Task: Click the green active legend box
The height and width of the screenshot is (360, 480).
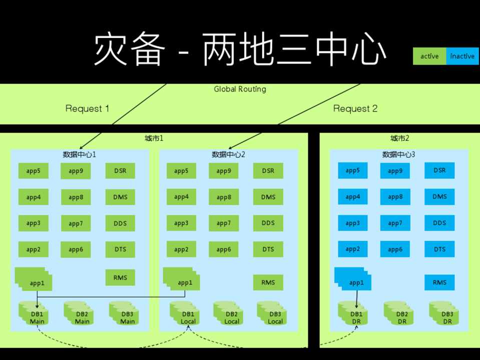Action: click(429, 56)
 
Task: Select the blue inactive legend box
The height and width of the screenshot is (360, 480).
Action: click(462, 56)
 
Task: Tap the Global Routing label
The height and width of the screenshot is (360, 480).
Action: click(240, 89)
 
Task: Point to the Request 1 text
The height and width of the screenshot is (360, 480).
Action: click(87, 108)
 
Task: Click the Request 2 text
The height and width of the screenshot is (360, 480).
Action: click(355, 108)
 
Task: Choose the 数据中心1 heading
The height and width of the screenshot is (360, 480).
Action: click(79, 154)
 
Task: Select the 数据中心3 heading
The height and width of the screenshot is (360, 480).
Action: click(399, 154)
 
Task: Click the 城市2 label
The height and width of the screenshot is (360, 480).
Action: click(399, 138)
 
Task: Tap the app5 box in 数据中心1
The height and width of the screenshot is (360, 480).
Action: click(33, 171)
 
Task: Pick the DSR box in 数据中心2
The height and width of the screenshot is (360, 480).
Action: click(268, 171)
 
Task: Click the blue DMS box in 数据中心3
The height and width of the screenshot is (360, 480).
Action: click(439, 197)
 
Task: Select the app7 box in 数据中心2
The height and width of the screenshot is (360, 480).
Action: click(223, 223)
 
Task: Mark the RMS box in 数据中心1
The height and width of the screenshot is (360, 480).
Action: click(120, 278)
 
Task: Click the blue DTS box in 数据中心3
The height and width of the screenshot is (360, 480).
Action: click(439, 249)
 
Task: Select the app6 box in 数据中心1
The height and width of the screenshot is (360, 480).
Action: click(76, 249)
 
